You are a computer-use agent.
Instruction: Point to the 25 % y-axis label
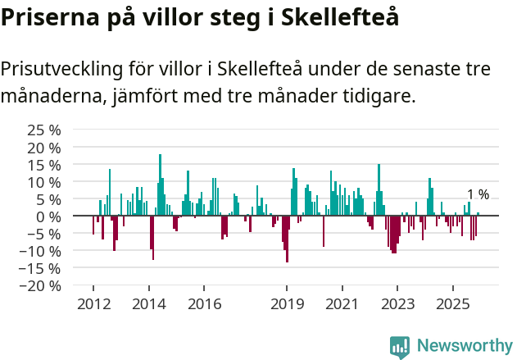[45, 130]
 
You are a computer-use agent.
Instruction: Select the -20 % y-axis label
[42, 285]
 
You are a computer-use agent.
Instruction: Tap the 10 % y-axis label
[45, 181]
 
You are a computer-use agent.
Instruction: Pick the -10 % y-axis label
[42, 251]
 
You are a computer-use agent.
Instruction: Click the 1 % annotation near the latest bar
[478, 194]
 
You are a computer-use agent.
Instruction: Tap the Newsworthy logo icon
[400, 346]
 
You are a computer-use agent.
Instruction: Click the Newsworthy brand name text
[464, 346]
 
